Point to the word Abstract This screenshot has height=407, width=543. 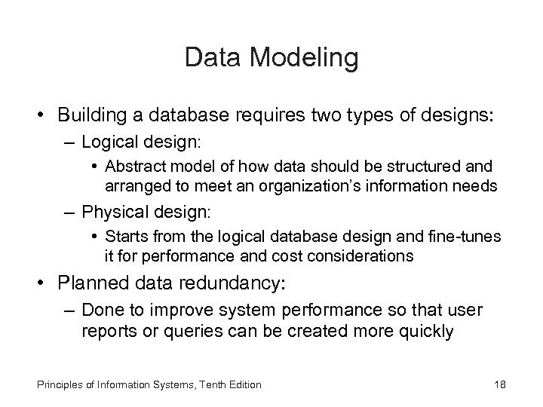[x=134, y=166]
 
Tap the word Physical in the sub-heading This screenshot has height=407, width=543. [x=110, y=213]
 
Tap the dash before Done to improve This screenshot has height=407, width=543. [x=70, y=310]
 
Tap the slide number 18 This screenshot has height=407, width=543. [x=499, y=384]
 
